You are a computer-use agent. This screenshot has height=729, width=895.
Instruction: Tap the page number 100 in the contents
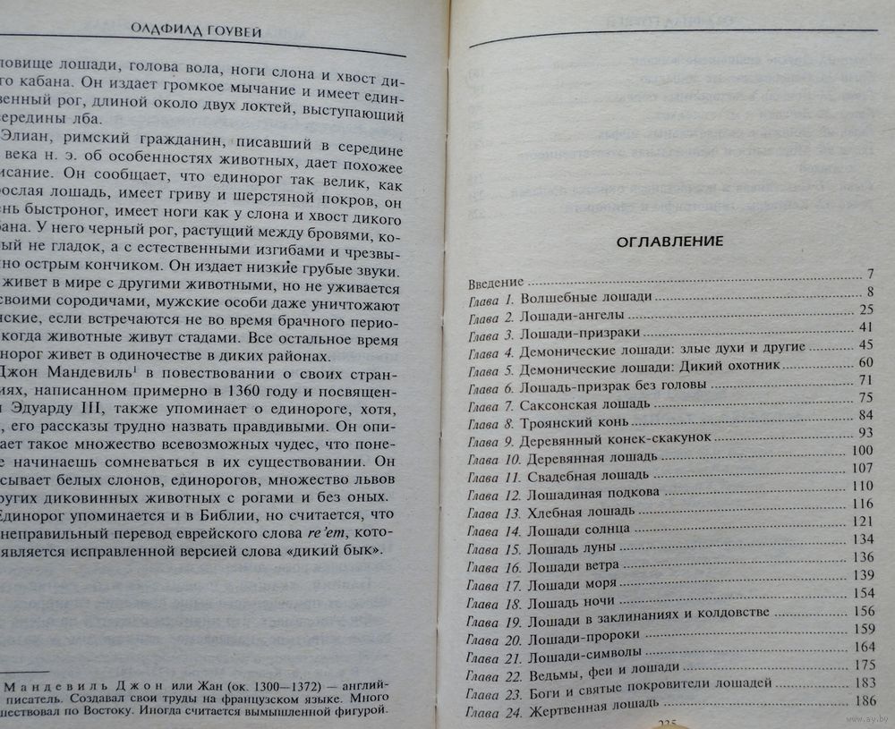tap(863, 451)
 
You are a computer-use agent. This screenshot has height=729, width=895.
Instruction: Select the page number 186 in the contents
tap(865, 701)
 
